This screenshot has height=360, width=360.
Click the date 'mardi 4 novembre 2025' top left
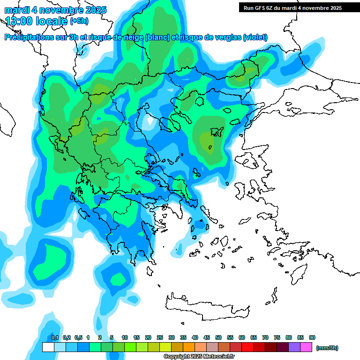coord(55,10)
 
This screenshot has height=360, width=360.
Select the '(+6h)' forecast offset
coord(79,21)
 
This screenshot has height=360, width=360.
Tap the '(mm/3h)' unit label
coord(327,348)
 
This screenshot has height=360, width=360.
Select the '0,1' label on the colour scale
coord(54,338)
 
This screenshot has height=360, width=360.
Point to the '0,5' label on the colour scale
coord(78,338)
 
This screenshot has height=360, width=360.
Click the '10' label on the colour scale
coord(125,338)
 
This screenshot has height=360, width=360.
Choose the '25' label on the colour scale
coord(160,338)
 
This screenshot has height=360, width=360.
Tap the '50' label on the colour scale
coord(218,338)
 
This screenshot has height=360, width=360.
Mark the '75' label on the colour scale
coord(277,338)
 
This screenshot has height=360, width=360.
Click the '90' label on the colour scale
coord(312,338)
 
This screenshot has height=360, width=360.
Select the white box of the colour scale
coord(48,347)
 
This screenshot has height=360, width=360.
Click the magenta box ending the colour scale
coord(306,347)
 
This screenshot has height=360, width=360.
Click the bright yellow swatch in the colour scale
coord(165,347)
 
